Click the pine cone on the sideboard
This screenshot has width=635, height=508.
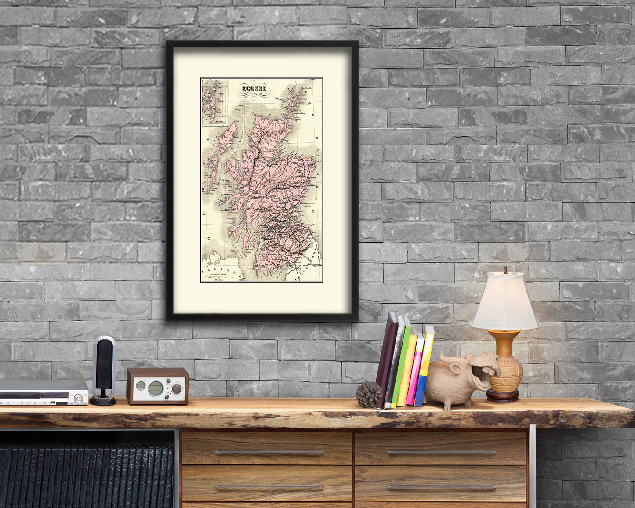[368, 394]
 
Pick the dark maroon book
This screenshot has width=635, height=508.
[387, 360]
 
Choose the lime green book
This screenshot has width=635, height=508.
[401, 365]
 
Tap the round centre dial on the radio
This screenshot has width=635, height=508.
[155, 388]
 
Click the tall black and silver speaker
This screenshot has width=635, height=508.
[104, 369]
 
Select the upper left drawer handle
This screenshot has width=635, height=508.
[269, 453]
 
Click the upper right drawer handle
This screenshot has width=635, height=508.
[441, 453]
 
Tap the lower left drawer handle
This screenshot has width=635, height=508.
[269, 487]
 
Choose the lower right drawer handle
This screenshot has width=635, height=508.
[441, 487]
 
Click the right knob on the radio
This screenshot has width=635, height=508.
[177, 388]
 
